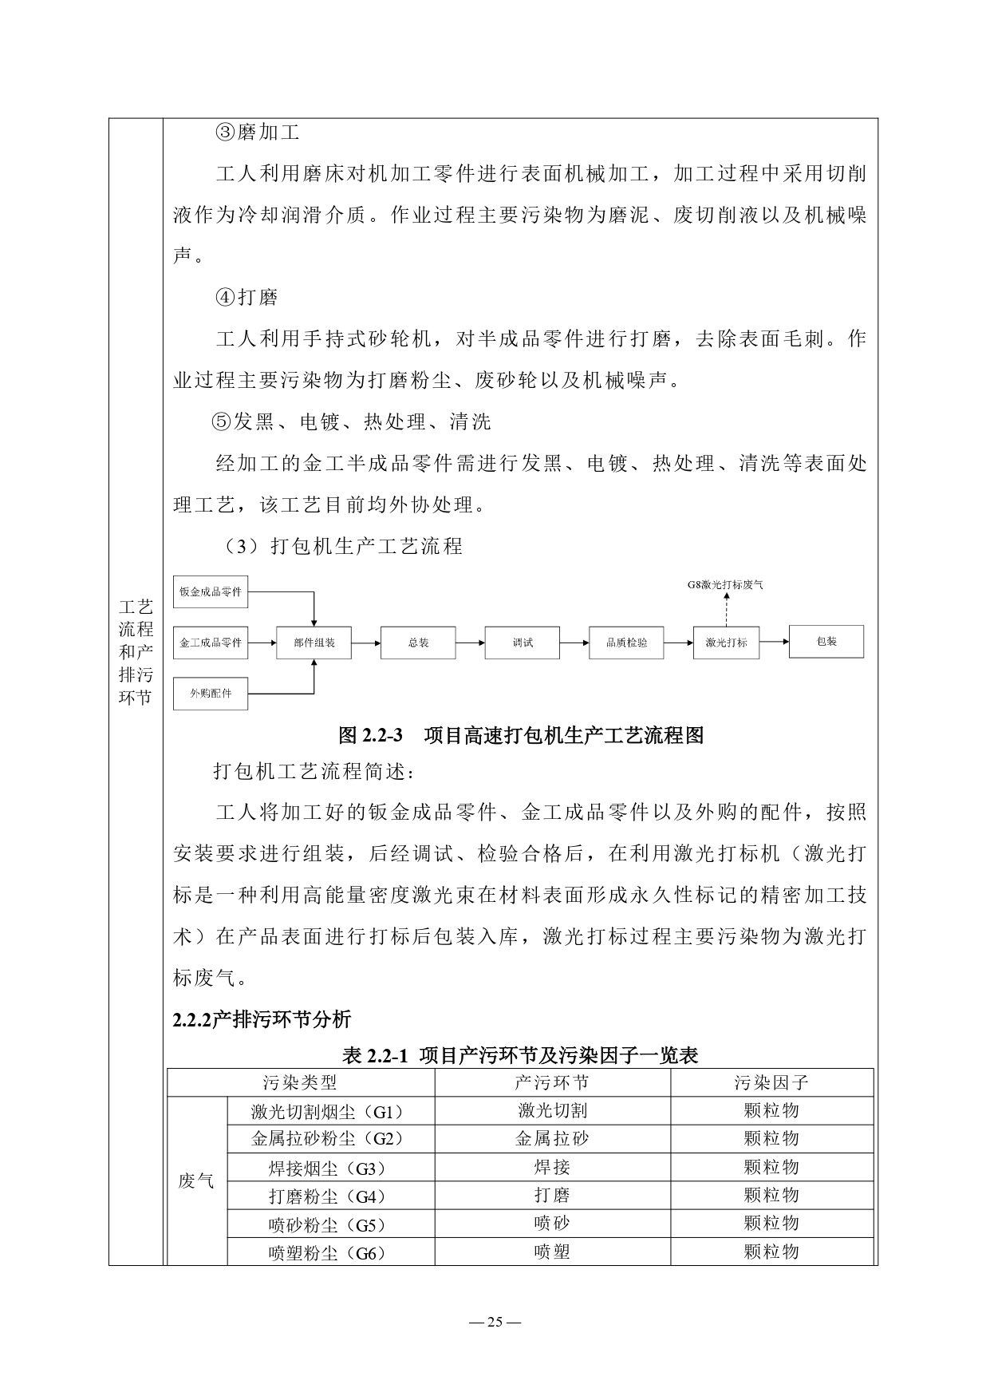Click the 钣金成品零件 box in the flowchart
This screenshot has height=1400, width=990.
pos(211,591)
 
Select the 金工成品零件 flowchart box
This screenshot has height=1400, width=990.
pos(211,642)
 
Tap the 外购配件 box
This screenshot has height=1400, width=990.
pos(211,693)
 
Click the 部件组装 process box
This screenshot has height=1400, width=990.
pos(314,643)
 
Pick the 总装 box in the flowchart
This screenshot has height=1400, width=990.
pos(418,643)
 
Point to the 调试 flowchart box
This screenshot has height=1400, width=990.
pos(523,643)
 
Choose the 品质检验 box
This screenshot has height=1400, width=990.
pos(626,643)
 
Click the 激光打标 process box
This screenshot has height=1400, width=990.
pos(726,643)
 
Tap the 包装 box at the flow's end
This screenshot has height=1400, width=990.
pos(826,641)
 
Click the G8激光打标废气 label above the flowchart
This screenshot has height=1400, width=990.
pos(725,584)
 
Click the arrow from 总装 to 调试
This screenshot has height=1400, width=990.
pos(470,643)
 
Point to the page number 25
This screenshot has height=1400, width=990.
pos(495,1321)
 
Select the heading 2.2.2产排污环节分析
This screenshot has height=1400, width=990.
pos(262,1019)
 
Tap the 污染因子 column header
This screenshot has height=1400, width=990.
pos(771,1082)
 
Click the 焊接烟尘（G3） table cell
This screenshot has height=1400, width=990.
pos(330,1169)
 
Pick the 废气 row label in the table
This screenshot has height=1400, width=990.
pos(196,1181)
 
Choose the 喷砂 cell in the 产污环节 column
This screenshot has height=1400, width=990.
pos(552,1224)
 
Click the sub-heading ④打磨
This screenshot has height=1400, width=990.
pos(247,298)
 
